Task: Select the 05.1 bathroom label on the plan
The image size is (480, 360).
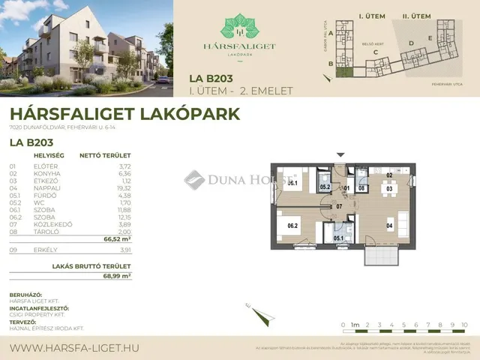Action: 340,238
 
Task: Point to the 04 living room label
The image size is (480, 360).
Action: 389,224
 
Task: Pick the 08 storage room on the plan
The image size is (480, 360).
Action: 361,188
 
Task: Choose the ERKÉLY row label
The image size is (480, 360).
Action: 44,250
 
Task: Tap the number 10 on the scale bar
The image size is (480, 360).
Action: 465,325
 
